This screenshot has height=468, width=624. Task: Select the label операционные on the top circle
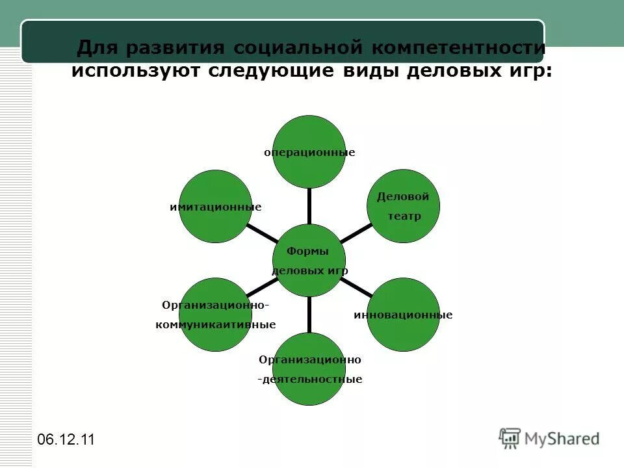coord(309,153)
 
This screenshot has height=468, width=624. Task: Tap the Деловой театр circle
coord(404,205)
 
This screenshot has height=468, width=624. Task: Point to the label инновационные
coord(403,315)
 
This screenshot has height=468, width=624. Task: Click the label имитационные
coord(215,207)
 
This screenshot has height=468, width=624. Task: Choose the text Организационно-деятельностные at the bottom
coord(309,369)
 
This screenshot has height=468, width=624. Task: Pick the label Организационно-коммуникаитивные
coord(215,315)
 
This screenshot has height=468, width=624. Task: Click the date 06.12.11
coord(66,439)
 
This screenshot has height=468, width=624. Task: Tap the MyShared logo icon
coord(510,439)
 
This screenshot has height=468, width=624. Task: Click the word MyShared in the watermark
coord(562,439)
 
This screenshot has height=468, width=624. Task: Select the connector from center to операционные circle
coord(309,205)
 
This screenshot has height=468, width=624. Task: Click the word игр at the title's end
coord(529,70)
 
